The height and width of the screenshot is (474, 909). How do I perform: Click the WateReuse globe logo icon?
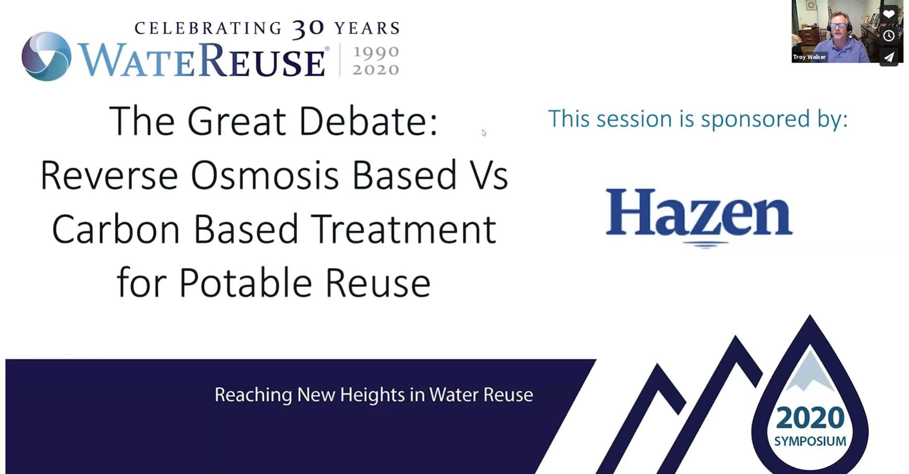(x=46, y=56)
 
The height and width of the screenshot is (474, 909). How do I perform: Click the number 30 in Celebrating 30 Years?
(x=308, y=29)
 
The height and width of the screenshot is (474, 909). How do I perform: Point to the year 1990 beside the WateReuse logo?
(x=376, y=52)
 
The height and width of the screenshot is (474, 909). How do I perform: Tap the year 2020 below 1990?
(x=376, y=70)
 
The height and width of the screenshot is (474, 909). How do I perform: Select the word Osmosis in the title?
(x=265, y=175)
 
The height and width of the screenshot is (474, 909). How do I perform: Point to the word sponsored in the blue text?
(x=755, y=119)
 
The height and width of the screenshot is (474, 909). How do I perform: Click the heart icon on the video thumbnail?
(x=889, y=14)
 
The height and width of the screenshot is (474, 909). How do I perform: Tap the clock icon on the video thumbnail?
(x=889, y=35)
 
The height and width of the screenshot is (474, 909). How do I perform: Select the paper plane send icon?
(x=889, y=57)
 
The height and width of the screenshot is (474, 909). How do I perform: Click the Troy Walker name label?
(x=809, y=57)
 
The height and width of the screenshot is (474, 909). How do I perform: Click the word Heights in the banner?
(x=372, y=395)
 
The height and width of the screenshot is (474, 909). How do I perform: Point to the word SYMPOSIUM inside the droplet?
(x=810, y=441)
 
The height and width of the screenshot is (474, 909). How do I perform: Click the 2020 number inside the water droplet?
(x=810, y=418)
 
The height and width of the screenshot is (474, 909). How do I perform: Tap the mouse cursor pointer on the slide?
(x=484, y=133)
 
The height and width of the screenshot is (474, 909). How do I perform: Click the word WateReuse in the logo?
(x=202, y=60)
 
